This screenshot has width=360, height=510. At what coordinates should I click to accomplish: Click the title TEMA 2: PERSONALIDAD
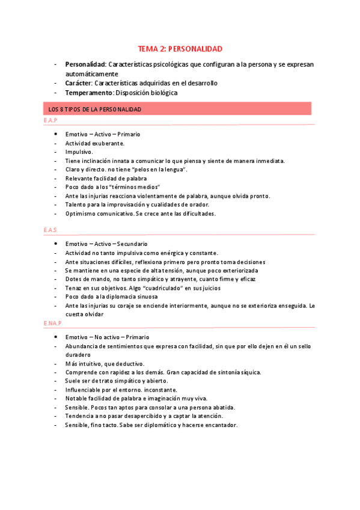(x=180, y=48)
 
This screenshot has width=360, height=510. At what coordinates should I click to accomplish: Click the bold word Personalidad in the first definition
(x=85, y=64)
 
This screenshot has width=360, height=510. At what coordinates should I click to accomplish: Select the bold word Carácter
(x=78, y=83)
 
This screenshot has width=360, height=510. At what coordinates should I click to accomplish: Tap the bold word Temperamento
(x=89, y=93)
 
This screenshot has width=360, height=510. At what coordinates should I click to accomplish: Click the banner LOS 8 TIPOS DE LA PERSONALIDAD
(x=94, y=109)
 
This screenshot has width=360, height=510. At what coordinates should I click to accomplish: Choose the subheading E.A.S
(x=50, y=230)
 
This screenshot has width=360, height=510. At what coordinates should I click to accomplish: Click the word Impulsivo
(x=79, y=152)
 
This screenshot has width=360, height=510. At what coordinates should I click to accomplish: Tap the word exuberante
(x=108, y=143)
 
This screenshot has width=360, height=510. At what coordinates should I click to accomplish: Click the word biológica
(x=162, y=93)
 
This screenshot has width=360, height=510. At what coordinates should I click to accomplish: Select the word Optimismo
(x=83, y=214)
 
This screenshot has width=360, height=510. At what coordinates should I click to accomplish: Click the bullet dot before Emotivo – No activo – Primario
(x=55, y=337)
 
